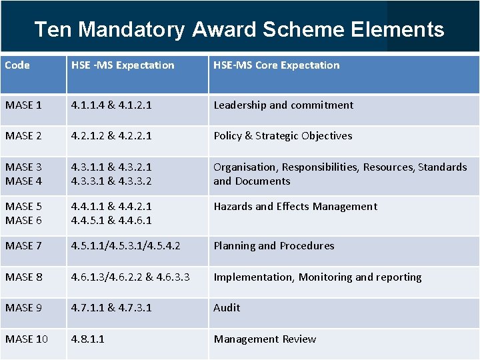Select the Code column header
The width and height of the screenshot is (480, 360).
coord(17,65)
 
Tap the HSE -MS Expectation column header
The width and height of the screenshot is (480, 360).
coord(123,65)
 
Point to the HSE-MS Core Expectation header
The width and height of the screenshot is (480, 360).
coord(276,65)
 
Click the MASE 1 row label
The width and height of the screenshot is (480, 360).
coord(23,105)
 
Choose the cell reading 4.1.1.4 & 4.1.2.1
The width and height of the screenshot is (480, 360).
coord(111,105)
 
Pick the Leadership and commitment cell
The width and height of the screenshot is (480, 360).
coord(283,105)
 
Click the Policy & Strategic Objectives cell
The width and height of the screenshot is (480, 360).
coord(283,135)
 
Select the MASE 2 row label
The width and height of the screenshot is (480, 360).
coord(23,135)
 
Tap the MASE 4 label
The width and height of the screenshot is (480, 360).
coord(23,181)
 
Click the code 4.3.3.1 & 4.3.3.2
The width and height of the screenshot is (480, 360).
coord(111,181)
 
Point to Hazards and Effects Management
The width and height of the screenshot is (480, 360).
coord(295,206)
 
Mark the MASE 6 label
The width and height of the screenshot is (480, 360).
coord(23,220)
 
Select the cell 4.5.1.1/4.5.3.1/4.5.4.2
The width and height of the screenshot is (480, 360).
coord(125,245)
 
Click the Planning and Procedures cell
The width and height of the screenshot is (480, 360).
coord(274,245)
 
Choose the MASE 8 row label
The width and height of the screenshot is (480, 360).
coord(23,277)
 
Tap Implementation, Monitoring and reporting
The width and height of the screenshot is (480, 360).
coord(317,277)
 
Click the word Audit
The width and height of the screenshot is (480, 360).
coord(227,307)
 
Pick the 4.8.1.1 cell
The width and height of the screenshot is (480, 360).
coord(88,339)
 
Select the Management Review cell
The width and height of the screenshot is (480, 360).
coord(265,339)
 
